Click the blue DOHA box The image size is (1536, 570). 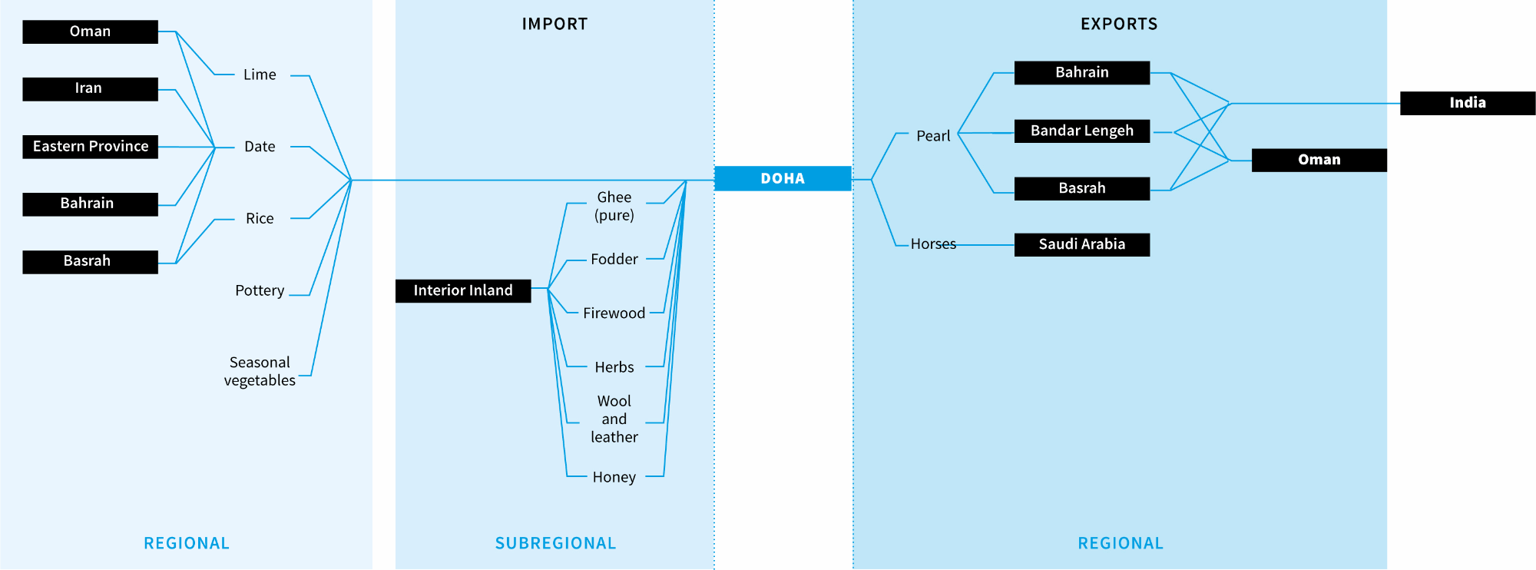[783, 178]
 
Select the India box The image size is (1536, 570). [1467, 103]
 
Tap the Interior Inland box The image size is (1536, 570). [462, 290]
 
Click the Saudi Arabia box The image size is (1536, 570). [1081, 244]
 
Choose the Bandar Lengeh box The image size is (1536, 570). [1081, 131]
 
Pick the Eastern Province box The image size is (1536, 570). [90, 146]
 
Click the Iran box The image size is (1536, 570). [90, 88]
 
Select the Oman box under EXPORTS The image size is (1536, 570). [1319, 160]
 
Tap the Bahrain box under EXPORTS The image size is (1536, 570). [1081, 72]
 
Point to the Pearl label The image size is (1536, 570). [933, 136]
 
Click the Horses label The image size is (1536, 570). [933, 244]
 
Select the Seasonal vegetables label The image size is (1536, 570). [260, 371]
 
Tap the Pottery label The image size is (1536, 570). [260, 290]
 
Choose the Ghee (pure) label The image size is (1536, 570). [614, 206]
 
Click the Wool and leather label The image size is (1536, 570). [614, 419]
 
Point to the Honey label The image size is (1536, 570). [614, 477]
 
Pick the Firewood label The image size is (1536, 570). [614, 313]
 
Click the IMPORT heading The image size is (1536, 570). [554, 24]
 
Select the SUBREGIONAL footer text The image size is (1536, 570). [555, 543]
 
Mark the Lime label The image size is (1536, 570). [260, 75]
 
